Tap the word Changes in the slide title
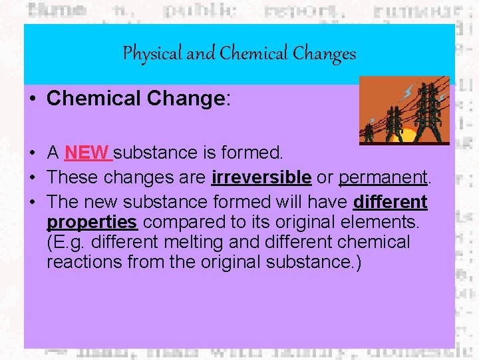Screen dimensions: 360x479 [x=328, y=53]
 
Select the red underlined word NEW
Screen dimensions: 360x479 [x=87, y=153]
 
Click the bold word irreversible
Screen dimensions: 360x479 [x=261, y=177]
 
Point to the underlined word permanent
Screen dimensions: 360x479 [x=382, y=177]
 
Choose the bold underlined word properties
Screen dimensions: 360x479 [x=92, y=221]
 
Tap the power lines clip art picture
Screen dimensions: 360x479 [x=404, y=110]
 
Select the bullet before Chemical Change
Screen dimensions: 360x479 [x=32, y=99]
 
